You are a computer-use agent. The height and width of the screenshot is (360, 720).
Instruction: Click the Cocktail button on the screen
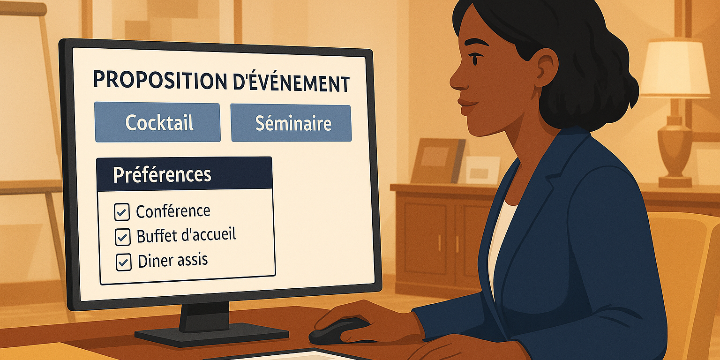coord(157,122)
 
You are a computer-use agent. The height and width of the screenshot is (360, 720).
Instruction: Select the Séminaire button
coord(291,123)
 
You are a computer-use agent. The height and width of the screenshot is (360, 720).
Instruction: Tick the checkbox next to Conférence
coord(122,213)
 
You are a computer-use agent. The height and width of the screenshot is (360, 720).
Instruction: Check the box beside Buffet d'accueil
coord(122,238)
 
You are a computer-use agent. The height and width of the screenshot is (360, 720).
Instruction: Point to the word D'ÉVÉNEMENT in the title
coord(291,82)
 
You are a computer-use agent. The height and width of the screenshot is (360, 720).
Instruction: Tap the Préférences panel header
coord(184,174)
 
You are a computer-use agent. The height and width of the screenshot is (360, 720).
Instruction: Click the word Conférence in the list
coord(173,211)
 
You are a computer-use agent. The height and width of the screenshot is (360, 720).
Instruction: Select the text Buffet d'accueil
coord(186,235)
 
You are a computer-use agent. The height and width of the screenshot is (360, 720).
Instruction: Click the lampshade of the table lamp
coord(675,68)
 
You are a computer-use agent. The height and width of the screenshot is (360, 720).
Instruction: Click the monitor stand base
coord(211,333)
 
